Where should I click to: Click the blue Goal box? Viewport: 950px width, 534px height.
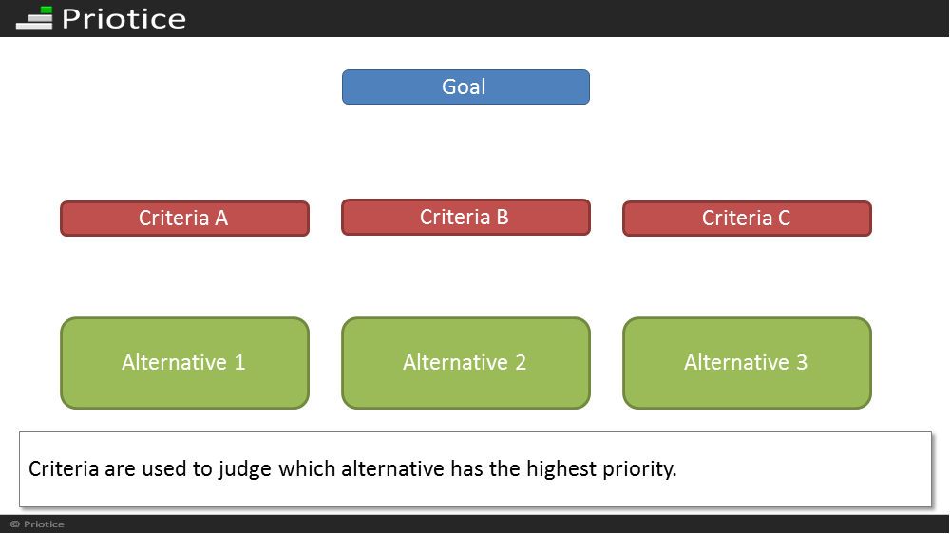click(465, 86)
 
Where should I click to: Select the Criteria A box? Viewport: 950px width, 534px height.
click(185, 219)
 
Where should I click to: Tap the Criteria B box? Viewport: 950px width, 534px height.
click(465, 217)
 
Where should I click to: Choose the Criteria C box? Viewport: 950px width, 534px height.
click(747, 219)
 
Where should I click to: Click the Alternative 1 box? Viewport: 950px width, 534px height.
click(185, 363)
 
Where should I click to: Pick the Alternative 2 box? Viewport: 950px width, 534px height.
click(465, 363)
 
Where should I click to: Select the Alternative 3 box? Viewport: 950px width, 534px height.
click(747, 363)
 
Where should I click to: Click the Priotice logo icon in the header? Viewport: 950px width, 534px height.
click(34, 18)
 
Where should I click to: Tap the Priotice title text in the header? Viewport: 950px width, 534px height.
click(123, 19)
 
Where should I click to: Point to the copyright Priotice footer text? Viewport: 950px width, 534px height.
click(37, 524)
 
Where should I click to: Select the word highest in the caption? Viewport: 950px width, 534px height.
click(561, 469)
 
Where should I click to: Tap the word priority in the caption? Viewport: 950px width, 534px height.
click(639, 469)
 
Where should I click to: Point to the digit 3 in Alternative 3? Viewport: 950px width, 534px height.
click(802, 362)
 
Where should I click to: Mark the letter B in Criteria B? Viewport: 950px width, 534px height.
click(503, 217)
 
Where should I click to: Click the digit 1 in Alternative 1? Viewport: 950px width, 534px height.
click(240, 362)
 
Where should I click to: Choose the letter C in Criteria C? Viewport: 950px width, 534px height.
click(784, 219)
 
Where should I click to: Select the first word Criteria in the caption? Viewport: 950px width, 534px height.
click(64, 469)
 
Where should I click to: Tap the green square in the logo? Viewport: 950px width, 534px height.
click(46, 10)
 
